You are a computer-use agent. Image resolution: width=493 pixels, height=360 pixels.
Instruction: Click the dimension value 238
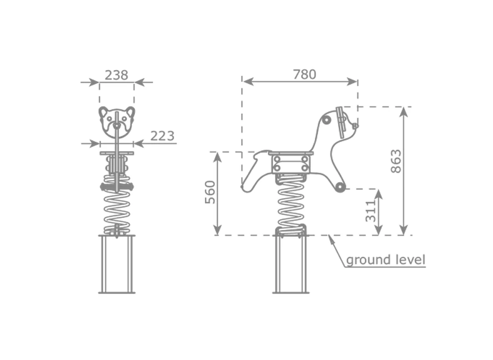pyautogui.click(x=116, y=75)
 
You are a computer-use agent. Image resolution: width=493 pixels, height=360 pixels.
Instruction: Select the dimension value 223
pyautogui.click(x=162, y=136)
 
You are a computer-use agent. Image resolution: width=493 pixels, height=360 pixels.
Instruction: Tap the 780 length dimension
pyautogui.click(x=304, y=75)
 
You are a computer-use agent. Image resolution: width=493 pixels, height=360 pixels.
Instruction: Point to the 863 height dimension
pyautogui.click(x=396, y=161)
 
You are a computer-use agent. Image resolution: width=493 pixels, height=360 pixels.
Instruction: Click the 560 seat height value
pyautogui.click(x=210, y=192)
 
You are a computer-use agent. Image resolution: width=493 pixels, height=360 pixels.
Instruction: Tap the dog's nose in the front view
pyautogui.click(x=117, y=125)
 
